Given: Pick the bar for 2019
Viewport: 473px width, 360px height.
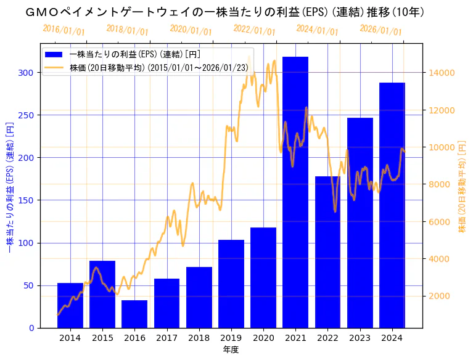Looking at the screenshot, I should (231, 284).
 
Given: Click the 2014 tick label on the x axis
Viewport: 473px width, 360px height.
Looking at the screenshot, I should (70, 337).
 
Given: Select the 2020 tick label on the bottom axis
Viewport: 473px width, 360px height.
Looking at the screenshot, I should (263, 337).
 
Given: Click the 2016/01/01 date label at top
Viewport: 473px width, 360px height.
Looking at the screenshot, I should (64, 30).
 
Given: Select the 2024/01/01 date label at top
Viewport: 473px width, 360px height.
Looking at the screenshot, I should (317, 30).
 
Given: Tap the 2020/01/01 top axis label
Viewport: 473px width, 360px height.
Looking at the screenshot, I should (191, 30).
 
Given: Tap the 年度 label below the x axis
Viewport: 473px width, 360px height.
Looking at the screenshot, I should (231, 350).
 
